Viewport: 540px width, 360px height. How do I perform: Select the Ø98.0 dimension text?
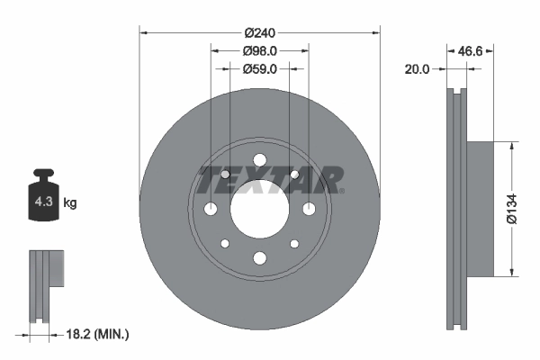tap(259, 51)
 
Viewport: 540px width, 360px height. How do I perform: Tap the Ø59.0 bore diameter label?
tap(259, 68)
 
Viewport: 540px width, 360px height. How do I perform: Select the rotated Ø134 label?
tap(510, 209)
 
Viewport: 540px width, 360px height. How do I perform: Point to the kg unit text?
tap(70, 203)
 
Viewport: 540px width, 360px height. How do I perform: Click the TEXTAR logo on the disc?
tap(270, 181)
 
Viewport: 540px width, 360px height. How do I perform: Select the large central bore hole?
tap(259, 209)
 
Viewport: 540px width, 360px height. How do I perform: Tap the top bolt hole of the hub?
tap(259, 160)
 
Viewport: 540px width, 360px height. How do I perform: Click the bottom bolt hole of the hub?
tap(259, 258)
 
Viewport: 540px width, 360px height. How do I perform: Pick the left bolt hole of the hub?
tap(211, 209)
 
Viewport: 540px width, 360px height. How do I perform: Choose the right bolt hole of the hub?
tap(309, 209)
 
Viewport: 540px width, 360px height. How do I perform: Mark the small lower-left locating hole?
tap(225, 244)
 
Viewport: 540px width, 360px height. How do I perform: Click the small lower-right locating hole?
tap(294, 244)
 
